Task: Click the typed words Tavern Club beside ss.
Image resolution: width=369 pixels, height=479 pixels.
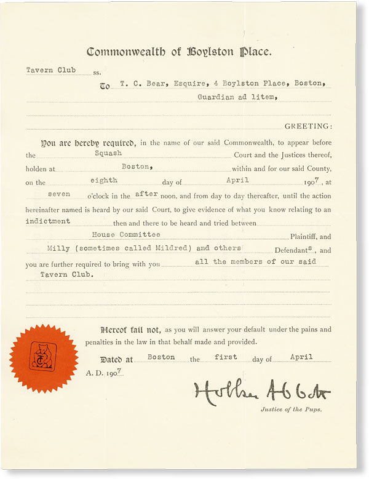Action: [51, 70]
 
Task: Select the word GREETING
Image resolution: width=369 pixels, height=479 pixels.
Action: [307, 126]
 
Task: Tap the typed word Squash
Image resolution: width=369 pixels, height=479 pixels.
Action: [108, 152]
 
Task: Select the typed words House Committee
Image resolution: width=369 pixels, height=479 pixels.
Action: [126, 234]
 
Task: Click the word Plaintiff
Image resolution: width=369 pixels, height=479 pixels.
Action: [305, 237]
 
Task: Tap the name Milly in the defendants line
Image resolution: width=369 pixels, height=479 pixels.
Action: [58, 248]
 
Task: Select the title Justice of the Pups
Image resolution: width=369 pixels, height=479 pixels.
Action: [292, 408]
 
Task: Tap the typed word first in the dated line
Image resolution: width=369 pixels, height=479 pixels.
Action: [225, 357]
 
